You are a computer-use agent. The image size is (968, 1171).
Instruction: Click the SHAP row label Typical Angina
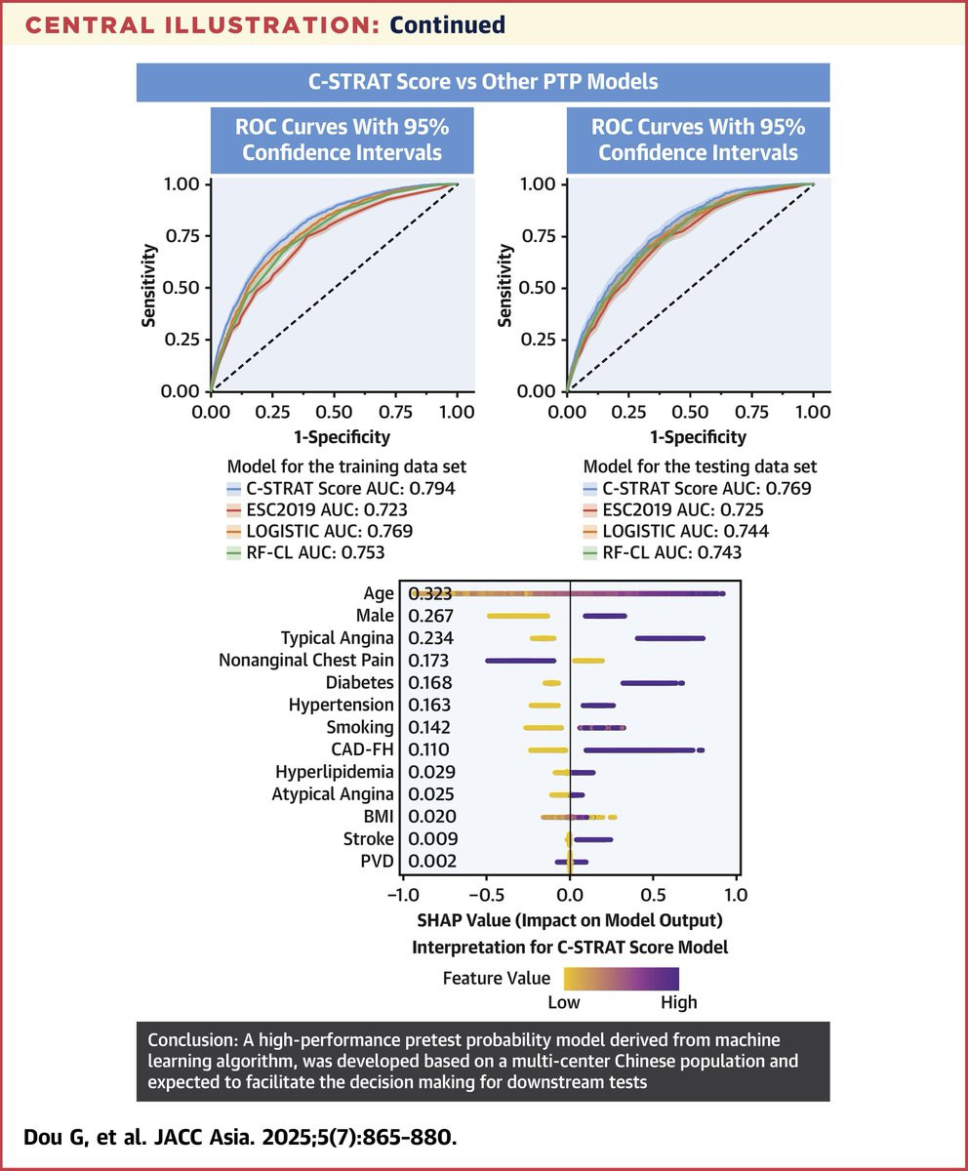338,638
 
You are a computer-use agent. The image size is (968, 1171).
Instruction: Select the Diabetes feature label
360,683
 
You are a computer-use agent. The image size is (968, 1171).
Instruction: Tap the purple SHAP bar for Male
605,616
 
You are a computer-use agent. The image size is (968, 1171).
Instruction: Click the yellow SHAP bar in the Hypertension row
544,705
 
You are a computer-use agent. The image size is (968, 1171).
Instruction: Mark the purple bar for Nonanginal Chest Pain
520,661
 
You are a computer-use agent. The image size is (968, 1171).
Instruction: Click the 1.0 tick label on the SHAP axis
736,894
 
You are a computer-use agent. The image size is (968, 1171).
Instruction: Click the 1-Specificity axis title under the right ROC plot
698,437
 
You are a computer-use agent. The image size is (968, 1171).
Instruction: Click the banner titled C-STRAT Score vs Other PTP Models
483,82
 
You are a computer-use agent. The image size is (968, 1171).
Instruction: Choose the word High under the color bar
678,1002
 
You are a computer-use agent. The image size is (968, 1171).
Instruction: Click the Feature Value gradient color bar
619,978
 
